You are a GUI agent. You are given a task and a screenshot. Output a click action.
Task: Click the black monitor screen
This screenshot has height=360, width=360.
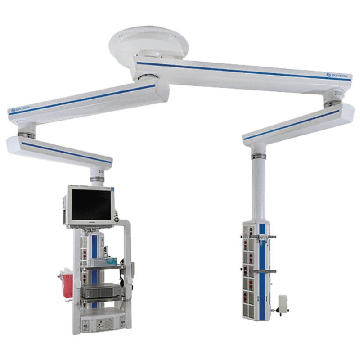pyautogui.click(x=91, y=205)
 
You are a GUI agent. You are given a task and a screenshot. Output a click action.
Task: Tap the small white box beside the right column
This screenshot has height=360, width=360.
pyautogui.click(x=283, y=302)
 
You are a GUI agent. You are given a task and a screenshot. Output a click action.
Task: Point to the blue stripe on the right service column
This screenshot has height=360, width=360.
pyautogui.click(x=262, y=270)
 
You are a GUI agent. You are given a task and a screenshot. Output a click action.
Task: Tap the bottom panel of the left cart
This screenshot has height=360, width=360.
pyautogui.click(x=102, y=322)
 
